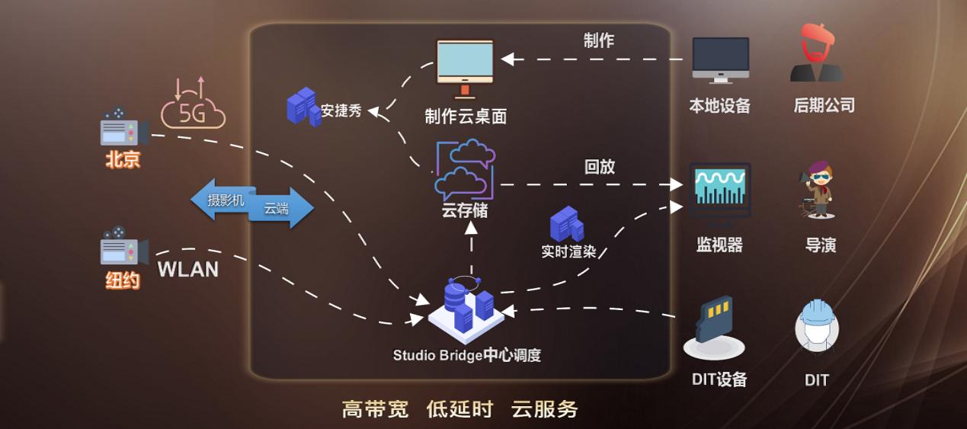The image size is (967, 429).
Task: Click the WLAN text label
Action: click(x=187, y=269)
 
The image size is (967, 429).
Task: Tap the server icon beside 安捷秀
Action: click(x=303, y=107)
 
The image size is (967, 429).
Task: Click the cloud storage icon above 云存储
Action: click(x=465, y=170)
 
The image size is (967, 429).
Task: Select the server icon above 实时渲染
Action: click(x=567, y=224)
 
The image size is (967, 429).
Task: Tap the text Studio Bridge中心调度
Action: click(x=466, y=355)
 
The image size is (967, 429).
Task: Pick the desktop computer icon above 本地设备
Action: click(x=720, y=61)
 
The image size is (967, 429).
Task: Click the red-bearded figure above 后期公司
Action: click(x=816, y=53)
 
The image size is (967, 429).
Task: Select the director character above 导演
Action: click(x=818, y=190)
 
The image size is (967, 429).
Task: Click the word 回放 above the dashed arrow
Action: click(x=599, y=166)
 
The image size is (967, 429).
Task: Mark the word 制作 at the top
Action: click(x=598, y=41)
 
